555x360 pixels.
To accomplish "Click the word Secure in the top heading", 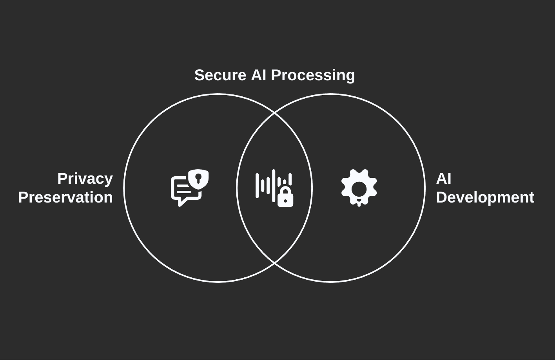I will (x=220, y=75).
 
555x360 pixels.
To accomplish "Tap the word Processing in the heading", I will (x=313, y=75).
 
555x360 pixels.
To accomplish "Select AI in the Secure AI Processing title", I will (x=259, y=75).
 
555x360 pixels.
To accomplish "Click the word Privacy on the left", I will (x=85, y=179).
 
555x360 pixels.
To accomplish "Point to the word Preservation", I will (x=65, y=197).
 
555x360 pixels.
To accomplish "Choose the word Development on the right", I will (x=485, y=197).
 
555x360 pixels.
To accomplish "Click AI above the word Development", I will (x=444, y=179).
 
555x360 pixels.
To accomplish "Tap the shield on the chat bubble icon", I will (x=198, y=179).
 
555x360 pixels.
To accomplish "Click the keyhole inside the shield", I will (x=198, y=178).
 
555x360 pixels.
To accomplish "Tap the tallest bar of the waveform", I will (x=274, y=186).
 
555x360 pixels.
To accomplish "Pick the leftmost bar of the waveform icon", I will (x=257, y=186).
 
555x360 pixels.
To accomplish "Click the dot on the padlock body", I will (x=285, y=201).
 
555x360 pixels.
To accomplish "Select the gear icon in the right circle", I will (x=359, y=188).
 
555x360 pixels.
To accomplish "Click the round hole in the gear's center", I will (x=359, y=189).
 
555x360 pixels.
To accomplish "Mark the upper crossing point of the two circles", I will (x=274, y=113).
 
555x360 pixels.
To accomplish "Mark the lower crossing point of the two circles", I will (x=274, y=263).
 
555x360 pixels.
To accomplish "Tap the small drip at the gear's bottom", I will (x=359, y=204).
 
